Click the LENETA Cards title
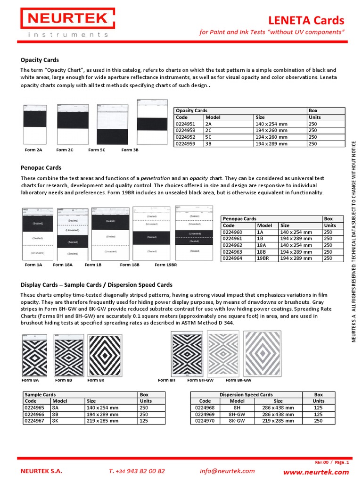point(306,20)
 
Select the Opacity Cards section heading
point(40,60)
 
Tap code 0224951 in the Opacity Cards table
point(185,124)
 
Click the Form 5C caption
point(97,150)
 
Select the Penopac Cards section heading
point(41,167)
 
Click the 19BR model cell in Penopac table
point(265,258)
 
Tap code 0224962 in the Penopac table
point(232,245)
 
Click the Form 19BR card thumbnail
point(195,233)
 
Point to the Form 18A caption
point(63,265)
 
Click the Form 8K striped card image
point(104,355)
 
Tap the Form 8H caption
point(166,380)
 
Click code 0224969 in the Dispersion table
point(205,414)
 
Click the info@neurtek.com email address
point(227,471)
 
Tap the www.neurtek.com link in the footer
point(316,472)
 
